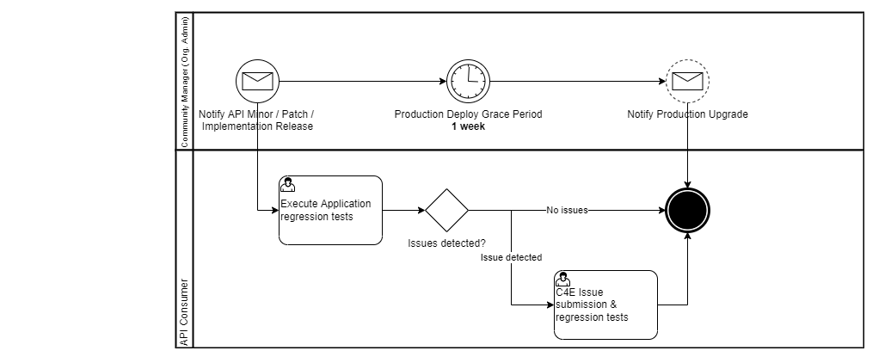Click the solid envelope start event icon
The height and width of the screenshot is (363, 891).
(x=257, y=82)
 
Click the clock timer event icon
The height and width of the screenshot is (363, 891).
(x=467, y=82)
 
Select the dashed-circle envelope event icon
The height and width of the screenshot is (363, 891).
(x=687, y=82)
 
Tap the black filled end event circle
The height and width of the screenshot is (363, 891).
(x=687, y=210)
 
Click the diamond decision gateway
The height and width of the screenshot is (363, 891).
(x=446, y=210)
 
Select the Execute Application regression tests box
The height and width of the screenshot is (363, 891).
(x=330, y=211)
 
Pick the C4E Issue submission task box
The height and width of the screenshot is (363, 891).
(x=605, y=305)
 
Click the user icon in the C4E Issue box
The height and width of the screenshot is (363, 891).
(x=563, y=279)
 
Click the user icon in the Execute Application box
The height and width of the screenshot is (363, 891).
(x=288, y=184)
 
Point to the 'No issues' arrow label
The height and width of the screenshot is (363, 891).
(x=567, y=210)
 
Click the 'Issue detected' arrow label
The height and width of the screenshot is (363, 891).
(x=511, y=257)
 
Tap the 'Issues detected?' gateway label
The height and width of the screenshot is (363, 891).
(x=446, y=243)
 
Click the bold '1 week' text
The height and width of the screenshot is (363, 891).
(x=468, y=126)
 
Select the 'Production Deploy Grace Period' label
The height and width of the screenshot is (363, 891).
(x=468, y=114)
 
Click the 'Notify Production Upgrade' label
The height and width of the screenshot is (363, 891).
(x=687, y=114)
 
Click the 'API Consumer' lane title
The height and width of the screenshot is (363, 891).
(x=185, y=311)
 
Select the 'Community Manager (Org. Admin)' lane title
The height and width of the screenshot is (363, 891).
(x=185, y=82)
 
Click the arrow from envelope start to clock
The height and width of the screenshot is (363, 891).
(x=361, y=82)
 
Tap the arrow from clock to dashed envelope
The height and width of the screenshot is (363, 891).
(x=576, y=82)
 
